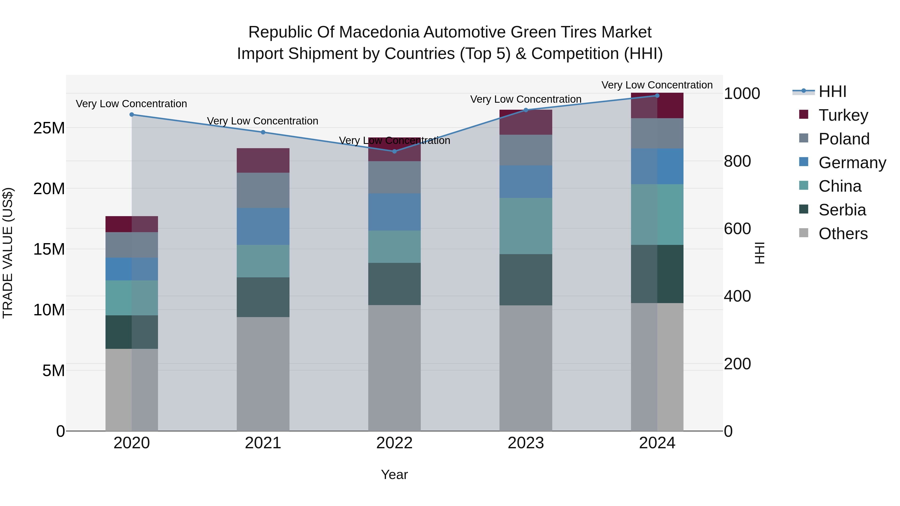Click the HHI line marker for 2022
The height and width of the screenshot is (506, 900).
point(394,151)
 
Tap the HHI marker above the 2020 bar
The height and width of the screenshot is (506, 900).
point(132,114)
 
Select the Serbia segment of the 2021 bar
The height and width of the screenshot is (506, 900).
point(263,297)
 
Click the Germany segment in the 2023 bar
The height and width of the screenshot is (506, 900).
point(526,182)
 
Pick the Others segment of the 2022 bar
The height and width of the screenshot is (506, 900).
point(394,368)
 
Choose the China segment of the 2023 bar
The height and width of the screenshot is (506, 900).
point(526,226)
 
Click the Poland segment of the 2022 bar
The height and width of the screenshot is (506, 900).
point(394,177)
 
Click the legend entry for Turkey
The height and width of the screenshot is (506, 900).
point(843,115)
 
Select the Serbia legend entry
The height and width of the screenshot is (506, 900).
point(842,210)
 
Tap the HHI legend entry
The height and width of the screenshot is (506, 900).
point(832,91)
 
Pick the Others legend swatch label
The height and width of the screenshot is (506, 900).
point(843,234)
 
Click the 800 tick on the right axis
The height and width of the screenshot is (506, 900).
point(737,161)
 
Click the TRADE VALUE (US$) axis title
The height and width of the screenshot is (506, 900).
point(8,253)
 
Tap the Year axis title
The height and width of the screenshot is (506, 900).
point(394,475)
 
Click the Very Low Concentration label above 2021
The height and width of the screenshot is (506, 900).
point(263,121)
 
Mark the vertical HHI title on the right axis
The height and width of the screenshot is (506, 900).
point(759,253)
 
